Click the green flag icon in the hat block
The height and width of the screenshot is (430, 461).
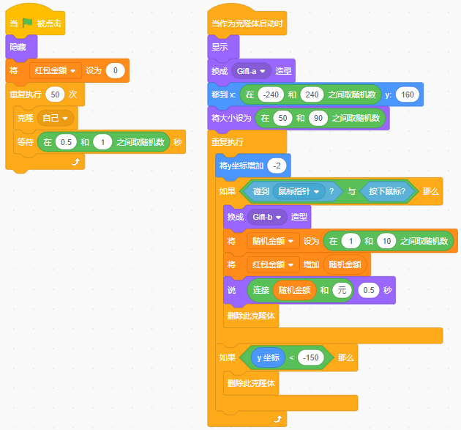[x=28, y=23]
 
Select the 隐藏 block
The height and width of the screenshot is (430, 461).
[x=17, y=47]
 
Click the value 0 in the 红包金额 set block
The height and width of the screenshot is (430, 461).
[x=116, y=70]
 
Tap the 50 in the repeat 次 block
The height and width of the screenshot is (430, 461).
[x=54, y=94]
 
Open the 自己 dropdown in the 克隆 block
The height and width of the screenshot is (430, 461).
[x=57, y=117]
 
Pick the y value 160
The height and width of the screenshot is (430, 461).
[x=408, y=94]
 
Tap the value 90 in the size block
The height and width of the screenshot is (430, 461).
[x=318, y=117]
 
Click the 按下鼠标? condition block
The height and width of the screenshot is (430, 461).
[x=388, y=191]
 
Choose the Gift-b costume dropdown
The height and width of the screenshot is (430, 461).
[x=266, y=217]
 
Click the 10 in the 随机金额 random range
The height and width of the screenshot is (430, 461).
[x=388, y=241]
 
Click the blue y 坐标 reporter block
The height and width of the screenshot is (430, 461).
[x=266, y=357]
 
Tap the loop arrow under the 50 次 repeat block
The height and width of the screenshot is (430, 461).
[x=75, y=161]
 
